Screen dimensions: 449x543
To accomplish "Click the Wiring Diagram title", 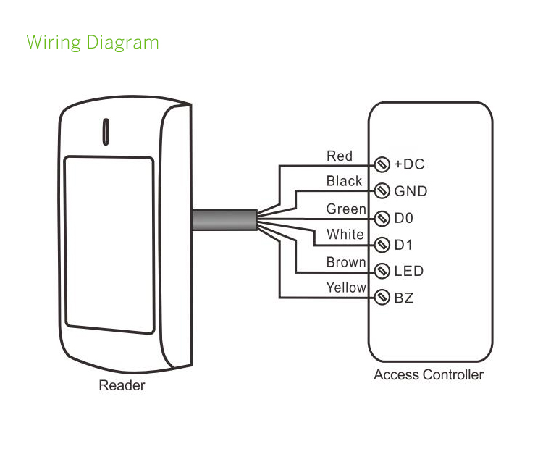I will tap(92, 42).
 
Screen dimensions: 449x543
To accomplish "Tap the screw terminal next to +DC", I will tap(382, 164).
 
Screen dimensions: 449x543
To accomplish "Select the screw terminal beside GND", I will tap(382, 191).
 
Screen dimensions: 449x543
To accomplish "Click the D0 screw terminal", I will tap(382, 218).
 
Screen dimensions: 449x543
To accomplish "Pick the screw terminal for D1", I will tap(382, 245).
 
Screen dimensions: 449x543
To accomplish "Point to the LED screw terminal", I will tap(382, 272).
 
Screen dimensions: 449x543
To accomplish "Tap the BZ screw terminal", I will tap(382, 298).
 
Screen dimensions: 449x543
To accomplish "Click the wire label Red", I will tap(340, 156).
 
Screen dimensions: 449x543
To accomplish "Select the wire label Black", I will tap(344, 181).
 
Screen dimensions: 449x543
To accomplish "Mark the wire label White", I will tap(345, 235).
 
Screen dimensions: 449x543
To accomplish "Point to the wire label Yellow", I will tap(346, 288).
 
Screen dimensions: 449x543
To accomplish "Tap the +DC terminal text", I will tap(409, 164).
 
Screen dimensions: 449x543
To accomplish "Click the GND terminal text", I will tap(411, 191).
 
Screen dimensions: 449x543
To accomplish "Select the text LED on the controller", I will tap(408, 272).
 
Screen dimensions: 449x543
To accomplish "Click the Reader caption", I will tap(122, 385).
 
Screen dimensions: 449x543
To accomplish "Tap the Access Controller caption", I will tap(429, 374).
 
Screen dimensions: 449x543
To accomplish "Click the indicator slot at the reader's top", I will tap(105, 131).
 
